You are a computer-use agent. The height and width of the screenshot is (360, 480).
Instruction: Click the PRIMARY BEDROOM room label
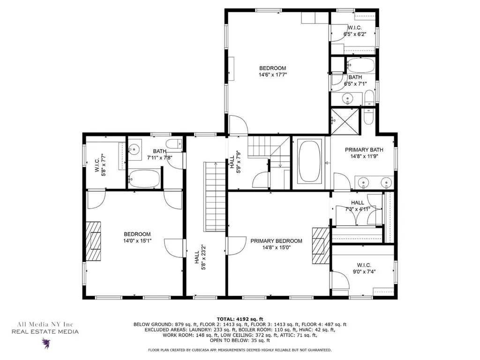[x=276, y=241]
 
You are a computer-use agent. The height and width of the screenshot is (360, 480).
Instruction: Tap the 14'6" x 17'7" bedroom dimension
[x=272, y=75]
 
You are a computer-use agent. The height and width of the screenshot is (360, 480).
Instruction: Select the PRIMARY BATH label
[x=364, y=150]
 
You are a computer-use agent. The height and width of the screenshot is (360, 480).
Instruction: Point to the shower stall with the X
[x=346, y=121]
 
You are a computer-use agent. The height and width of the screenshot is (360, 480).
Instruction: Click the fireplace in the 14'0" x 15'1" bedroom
[x=93, y=241]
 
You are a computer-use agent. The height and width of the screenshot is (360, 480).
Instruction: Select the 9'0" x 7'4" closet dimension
[x=364, y=271]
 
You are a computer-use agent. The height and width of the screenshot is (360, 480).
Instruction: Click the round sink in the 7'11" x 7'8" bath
[x=134, y=150]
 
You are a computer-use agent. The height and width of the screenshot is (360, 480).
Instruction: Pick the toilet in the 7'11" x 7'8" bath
[x=174, y=144]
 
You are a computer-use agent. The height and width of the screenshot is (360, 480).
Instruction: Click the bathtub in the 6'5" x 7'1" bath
[x=360, y=65]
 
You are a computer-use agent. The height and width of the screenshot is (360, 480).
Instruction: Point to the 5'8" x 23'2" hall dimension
[x=202, y=257]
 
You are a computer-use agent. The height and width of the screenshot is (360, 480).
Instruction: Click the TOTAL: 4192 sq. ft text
[x=240, y=319]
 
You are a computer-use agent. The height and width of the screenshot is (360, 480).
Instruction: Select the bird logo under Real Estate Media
[x=46, y=343]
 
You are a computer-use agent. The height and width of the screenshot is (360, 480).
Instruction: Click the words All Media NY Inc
[x=45, y=324]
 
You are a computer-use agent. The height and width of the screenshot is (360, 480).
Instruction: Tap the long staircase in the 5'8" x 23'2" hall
[x=215, y=197]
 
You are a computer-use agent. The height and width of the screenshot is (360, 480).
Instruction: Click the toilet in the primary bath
[x=368, y=115]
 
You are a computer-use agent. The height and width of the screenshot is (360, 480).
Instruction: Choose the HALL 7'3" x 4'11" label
[x=357, y=206]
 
